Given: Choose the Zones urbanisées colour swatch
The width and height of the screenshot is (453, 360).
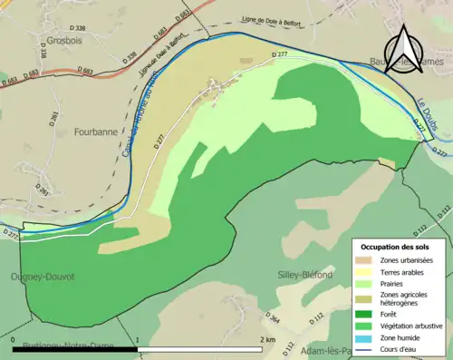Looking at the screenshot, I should click(x=368, y=261).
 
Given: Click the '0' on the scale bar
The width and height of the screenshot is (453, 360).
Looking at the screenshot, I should click(x=15, y=339).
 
